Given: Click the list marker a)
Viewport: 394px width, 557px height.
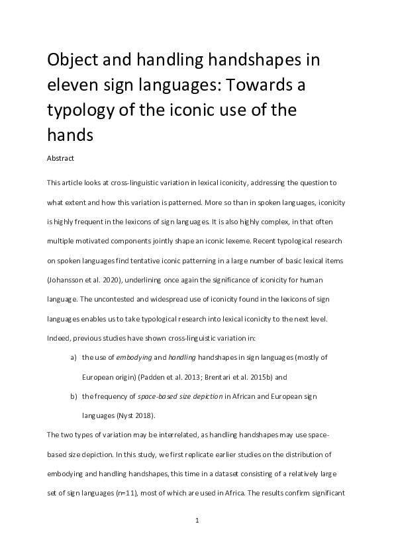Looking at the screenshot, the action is pyautogui.click(x=73, y=357).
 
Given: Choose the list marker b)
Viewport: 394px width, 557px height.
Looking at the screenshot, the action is pyautogui.click(x=73, y=396).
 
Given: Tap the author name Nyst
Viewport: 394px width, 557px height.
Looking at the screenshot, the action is pyautogui.click(x=124, y=415).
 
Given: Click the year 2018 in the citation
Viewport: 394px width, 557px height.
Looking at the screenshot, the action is pyautogui.click(x=141, y=415).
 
